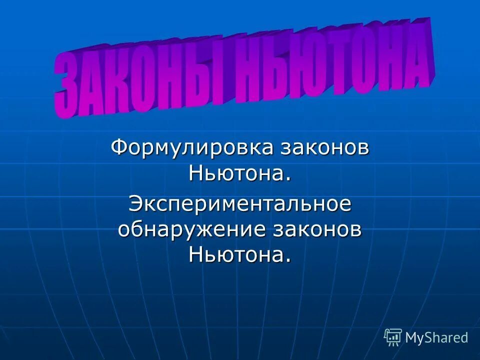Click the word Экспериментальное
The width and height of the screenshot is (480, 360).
click(x=239, y=204)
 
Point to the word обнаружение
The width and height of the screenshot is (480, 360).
click(x=193, y=230)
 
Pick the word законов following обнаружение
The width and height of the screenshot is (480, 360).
click(x=318, y=230)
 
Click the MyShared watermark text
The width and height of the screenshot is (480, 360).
click(x=436, y=337)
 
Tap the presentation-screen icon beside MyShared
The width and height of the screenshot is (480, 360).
click(x=393, y=337)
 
